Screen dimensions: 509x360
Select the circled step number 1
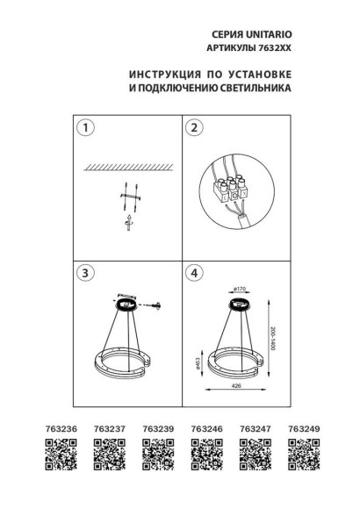click(84, 129)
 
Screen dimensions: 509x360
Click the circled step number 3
click(84, 273)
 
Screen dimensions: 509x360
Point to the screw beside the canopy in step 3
click(158, 305)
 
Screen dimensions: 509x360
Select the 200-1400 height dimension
click(273, 333)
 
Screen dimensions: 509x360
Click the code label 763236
click(55, 431)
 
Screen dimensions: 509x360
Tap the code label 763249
click(302, 431)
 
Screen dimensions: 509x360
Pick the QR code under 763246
click(204, 456)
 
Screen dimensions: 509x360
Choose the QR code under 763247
click(253, 456)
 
